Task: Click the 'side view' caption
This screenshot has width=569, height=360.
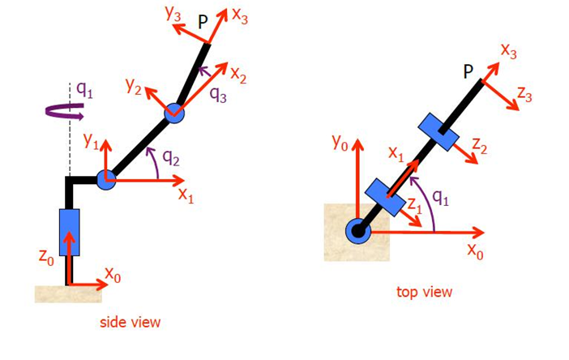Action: [130, 322]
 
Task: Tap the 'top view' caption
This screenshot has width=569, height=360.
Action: [424, 292]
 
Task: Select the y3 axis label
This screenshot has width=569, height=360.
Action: [173, 14]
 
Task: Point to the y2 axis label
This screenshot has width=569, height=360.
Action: [134, 87]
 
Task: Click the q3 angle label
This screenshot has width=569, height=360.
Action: [219, 95]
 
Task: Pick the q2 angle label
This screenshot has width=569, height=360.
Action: [171, 157]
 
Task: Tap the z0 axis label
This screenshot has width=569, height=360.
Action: [46, 257]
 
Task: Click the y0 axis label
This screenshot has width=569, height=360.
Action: [340, 142]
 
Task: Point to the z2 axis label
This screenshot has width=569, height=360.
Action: [479, 146]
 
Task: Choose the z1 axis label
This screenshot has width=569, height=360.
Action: [415, 205]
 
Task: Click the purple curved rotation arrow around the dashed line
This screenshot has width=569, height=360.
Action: [65, 111]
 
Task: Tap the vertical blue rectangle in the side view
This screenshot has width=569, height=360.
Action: [70, 232]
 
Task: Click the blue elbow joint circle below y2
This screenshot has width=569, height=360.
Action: [174, 114]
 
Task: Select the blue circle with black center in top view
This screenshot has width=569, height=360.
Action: [358, 231]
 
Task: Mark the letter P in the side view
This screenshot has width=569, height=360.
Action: [203, 23]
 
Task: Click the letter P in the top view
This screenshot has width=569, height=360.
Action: [468, 72]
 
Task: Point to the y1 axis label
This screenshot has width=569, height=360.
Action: [91, 140]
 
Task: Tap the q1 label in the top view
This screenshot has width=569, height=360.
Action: [441, 198]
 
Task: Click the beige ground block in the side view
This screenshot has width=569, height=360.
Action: [68, 294]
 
